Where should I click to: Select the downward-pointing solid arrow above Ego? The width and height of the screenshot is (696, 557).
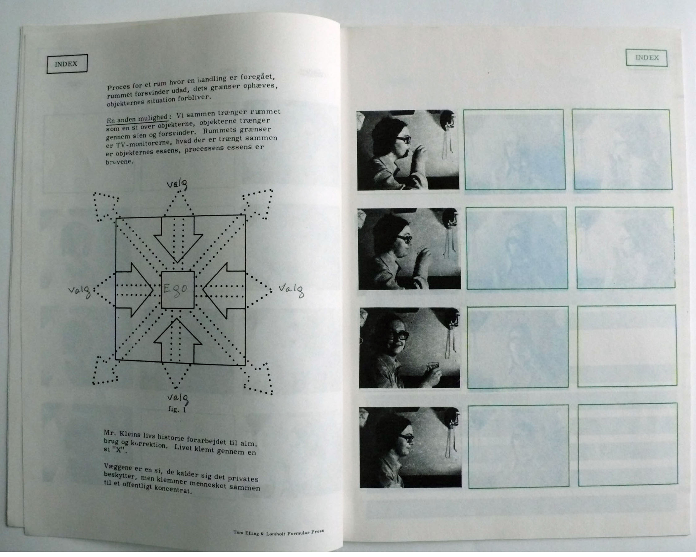click(x=178, y=239)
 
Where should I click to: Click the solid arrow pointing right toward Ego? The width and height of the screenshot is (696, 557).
click(x=134, y=290)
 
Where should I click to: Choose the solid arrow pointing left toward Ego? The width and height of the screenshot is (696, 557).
click(x=224, y=291)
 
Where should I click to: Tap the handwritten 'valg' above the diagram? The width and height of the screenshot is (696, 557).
click(x=177, y=185)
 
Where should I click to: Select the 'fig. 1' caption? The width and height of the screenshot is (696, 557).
click(x=177, y=409)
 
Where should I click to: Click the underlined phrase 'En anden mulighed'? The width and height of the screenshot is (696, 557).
click(x=137, y=119)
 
